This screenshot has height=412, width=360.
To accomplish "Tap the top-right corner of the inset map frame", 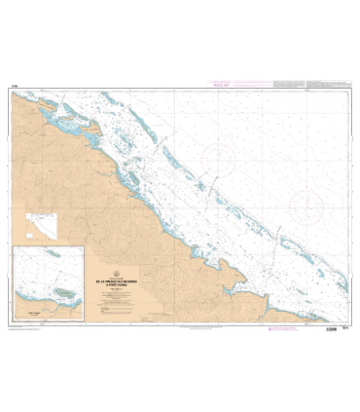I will (x=99, y=247).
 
